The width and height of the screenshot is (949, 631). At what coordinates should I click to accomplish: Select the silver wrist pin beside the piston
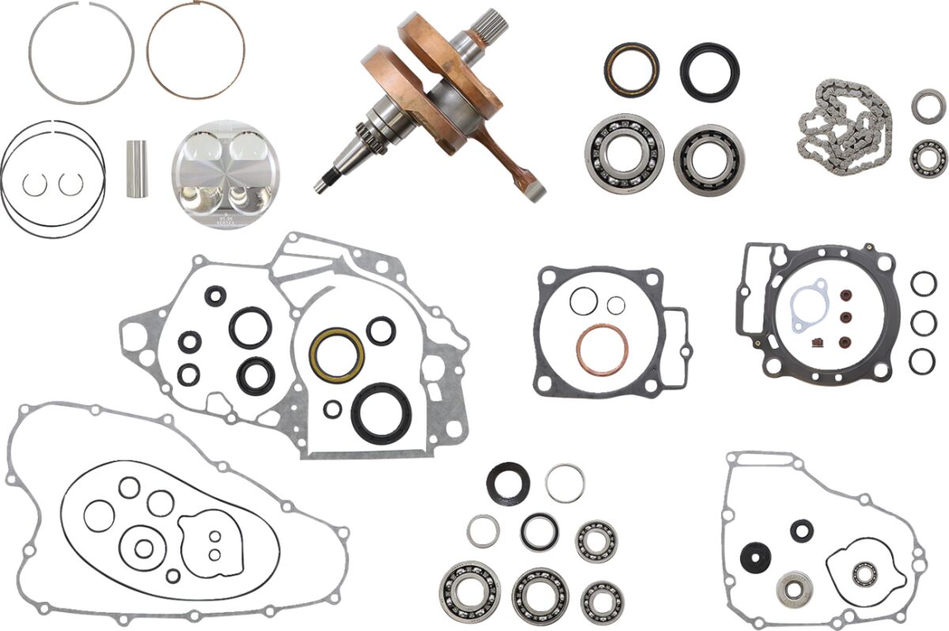pos(137,168)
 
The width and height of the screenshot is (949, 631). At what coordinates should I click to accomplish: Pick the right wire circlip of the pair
pos(70,184)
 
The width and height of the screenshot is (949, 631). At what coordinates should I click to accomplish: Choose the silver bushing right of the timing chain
pos(925,106)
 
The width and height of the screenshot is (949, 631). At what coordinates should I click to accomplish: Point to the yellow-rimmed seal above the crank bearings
pos(630,68)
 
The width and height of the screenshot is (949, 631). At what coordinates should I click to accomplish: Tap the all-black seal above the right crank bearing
pos(709,72)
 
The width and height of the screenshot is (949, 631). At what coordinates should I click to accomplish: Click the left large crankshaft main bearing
pos(626,153)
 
